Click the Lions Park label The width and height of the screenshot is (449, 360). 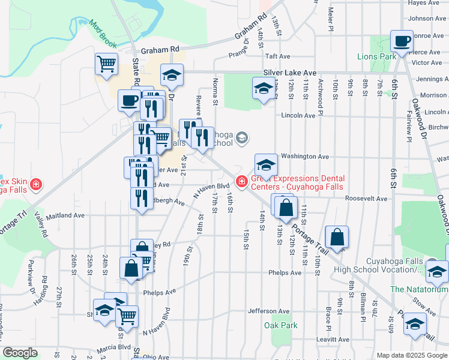[376, 57]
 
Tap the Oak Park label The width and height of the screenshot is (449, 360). [280, 326]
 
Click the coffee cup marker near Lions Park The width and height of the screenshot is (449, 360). [402, 41]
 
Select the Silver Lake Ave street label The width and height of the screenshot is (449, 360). [289, 73]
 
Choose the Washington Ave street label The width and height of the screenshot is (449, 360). [306, 157]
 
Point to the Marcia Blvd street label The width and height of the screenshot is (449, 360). [116, 346]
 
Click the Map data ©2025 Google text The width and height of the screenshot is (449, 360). [411, 355]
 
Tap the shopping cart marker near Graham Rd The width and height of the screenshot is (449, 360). [106, 62]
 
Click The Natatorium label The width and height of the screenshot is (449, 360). [418, 289]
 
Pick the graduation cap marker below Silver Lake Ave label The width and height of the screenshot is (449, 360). [262, 89]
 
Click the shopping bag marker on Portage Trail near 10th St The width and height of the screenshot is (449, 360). [337, 236]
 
